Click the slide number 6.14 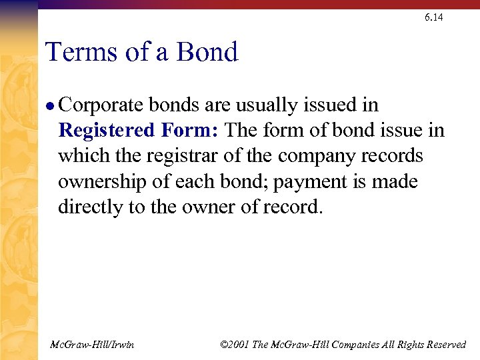click(433, 17)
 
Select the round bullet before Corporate click(51, 106)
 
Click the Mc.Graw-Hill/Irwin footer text click(93, 345)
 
